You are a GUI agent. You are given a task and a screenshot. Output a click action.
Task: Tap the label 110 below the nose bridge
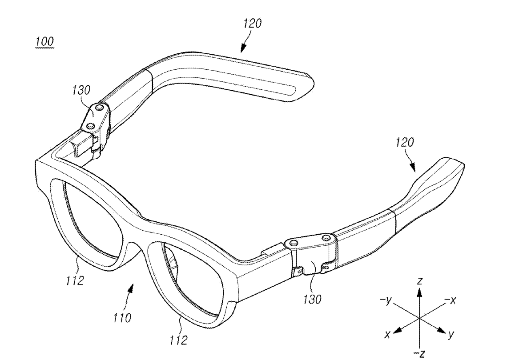point(122,317)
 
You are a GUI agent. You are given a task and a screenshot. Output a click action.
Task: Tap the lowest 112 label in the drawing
point(179,341)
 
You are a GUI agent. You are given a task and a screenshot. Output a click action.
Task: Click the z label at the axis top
point(418,280)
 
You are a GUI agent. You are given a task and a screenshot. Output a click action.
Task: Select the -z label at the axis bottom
point(418,353)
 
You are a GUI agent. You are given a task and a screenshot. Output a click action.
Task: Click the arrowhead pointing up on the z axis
point(418,291)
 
